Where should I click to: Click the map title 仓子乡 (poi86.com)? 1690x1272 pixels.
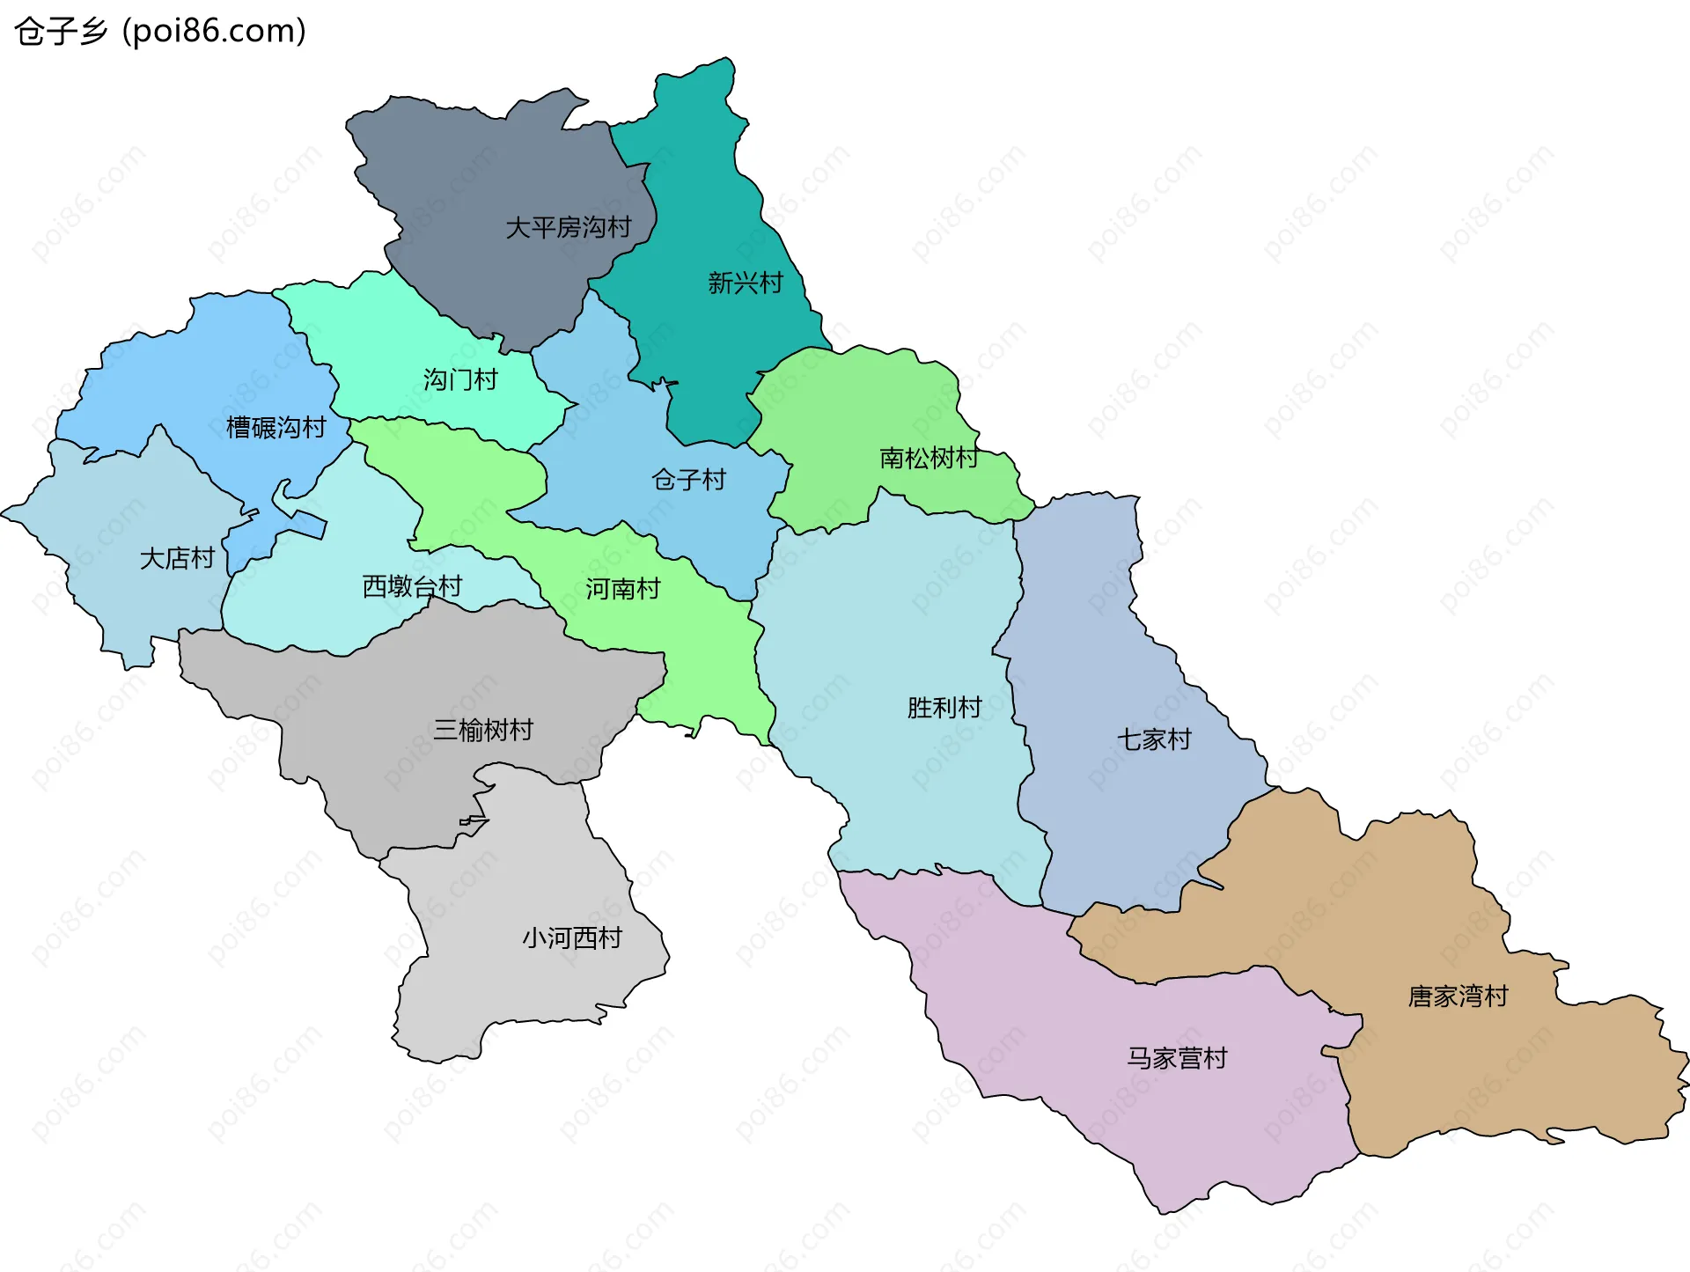pos(160,31)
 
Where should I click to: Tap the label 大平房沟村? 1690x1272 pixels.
pos(568,227)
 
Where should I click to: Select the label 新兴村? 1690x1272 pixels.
pos(745,283)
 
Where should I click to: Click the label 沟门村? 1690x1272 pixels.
pos(460,379)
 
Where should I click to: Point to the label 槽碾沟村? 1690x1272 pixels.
pos(276,428)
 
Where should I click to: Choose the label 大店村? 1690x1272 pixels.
pos(177,558)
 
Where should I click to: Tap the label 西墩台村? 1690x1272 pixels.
pos(412,586)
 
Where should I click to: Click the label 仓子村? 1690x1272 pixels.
pos(688,480)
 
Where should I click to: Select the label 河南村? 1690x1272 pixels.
pos(622,589)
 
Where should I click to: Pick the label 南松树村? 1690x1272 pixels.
pos(929,458)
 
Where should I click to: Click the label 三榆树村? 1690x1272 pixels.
pos(482,730)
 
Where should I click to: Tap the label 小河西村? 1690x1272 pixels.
pos(572,937)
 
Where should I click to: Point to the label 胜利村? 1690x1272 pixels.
pos(944,708)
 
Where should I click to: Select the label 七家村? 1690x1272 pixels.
pos(1154,739)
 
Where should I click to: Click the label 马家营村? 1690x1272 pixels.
pos(1177,1058)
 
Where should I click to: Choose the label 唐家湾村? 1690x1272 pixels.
pos(1458,996)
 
